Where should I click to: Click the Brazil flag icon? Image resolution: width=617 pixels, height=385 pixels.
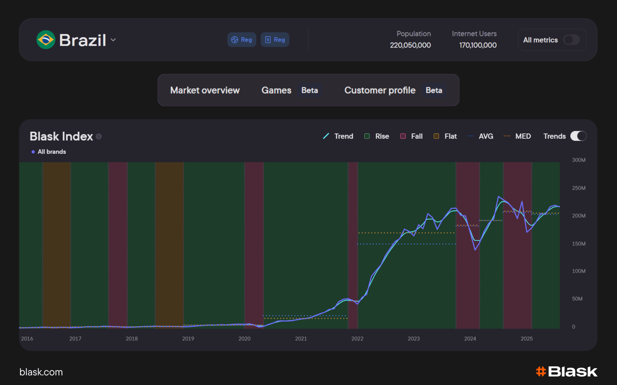click(x=46, y=40)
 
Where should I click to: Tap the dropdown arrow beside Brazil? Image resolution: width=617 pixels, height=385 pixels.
click(x=113, y=40)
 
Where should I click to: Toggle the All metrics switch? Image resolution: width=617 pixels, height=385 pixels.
click(x=572, y=40)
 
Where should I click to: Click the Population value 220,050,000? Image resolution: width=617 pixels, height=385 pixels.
click(x=410, y=45)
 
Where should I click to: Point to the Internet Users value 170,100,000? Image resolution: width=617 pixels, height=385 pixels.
click(x=478, y=45)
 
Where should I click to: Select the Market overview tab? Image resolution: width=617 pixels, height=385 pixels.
click(x=205, y=90)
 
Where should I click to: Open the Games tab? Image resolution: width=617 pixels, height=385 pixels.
click(x=276, y=90)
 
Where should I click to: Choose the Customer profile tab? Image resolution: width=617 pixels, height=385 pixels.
click(x=380, y=90)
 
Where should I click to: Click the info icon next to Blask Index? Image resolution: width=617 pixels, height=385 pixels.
click(x=99, y=137)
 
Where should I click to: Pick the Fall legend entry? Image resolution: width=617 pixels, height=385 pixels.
click(x=411, y=136)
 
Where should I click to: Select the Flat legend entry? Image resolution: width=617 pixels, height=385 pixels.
click(x=445, y=136)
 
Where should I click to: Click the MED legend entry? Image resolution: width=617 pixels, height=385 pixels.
click(x=517, y=136)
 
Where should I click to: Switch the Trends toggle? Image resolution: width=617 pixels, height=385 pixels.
click(x=578, y=136)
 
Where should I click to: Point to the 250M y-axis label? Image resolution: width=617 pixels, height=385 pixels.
click(x=579, y=188)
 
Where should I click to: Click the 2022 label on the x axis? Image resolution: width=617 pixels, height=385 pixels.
click(x=357, y=339)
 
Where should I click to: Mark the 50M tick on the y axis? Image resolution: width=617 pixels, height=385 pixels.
click(x=577, y=299)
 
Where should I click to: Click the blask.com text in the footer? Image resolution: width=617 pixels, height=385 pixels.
click(x=41, y=372)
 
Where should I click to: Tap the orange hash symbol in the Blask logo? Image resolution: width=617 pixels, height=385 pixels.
click(x=541, y=372)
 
